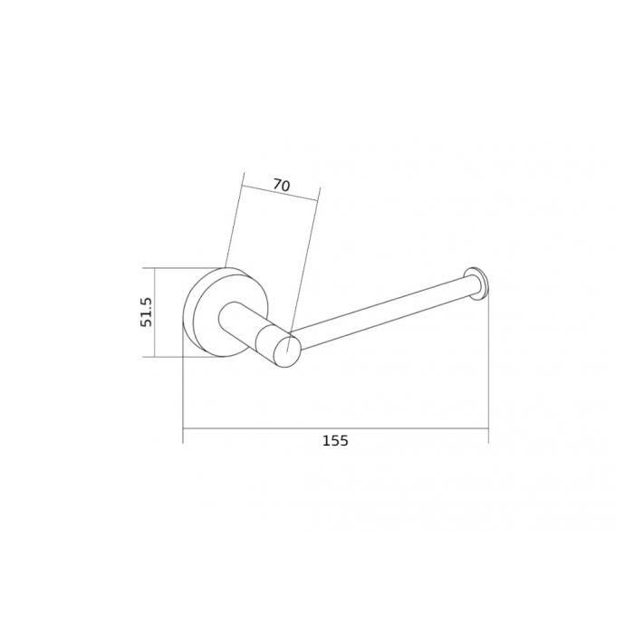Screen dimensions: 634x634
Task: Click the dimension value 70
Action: point(282,185)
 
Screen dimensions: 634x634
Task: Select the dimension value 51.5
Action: point(146,312)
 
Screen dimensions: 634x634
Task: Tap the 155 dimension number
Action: point(335,440)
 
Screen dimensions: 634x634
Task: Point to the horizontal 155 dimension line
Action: point(336,428)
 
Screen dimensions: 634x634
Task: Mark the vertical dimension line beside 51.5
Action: point(154,312)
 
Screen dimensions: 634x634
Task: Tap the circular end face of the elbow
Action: point(287,350)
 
